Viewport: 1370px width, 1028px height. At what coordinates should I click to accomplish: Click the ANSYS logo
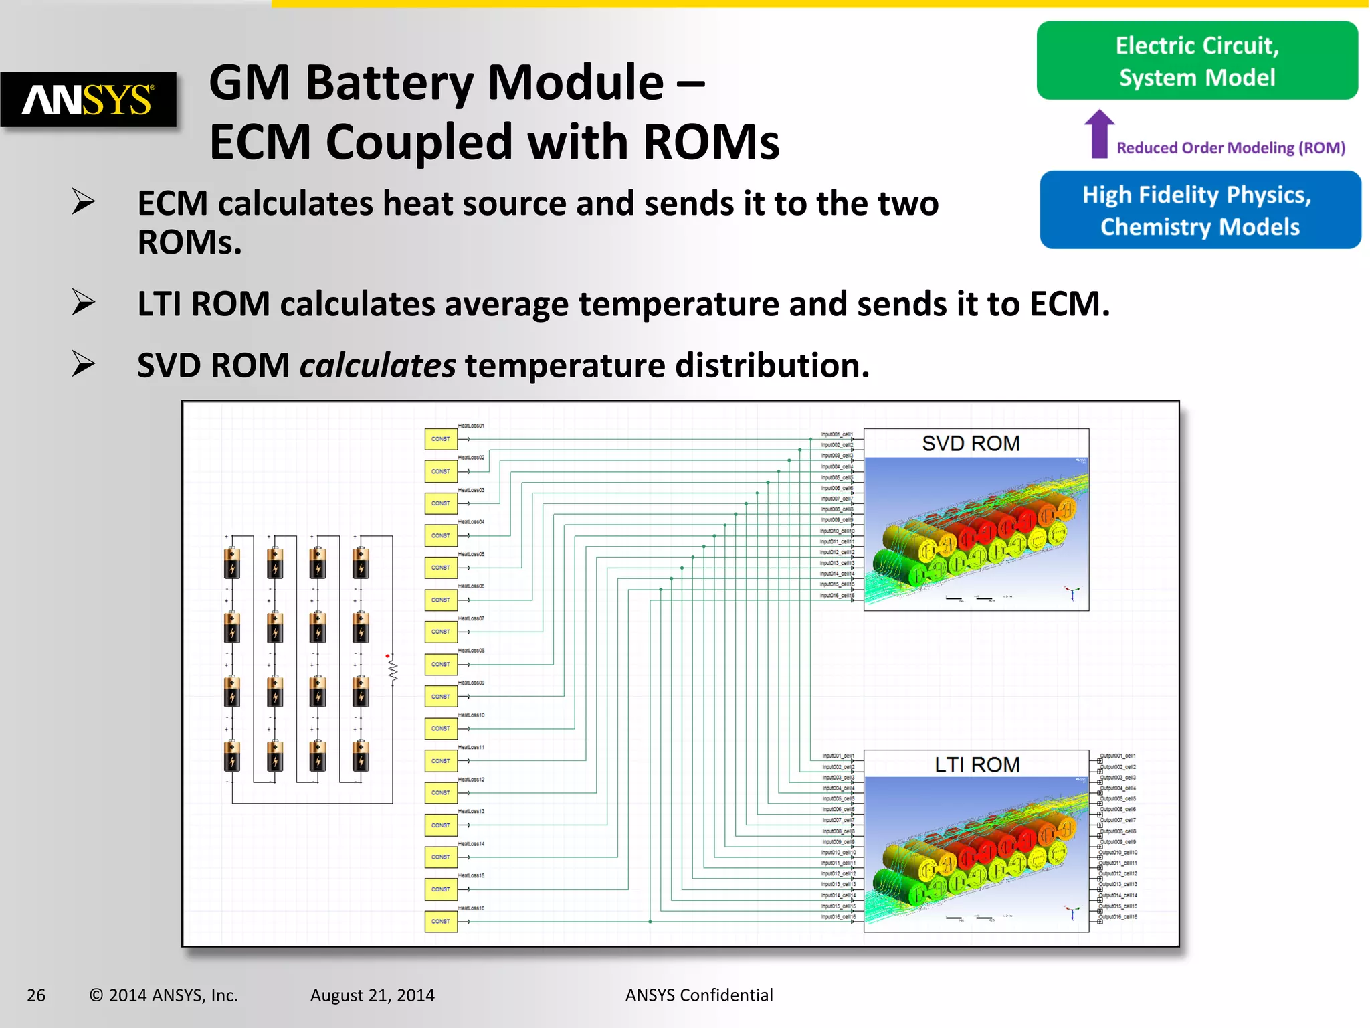pyautogui.click(x=88, y=100)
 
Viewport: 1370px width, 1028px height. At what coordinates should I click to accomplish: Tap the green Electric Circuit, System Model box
pyautogui.click(x=1197, y=61)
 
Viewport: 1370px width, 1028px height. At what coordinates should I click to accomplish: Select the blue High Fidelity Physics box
pyautogui.click(x=1200, y=210)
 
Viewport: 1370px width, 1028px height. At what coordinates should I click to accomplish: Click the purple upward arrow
pyautogui.click(x=1099, y=133)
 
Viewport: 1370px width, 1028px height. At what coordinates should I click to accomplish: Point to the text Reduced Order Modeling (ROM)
pyautogui.click(x=1231, y=148)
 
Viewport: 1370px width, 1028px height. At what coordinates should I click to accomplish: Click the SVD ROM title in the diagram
pyautogui.click(x=971, y=444)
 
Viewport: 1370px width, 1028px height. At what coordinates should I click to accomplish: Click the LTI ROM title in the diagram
pyautogui.click(x=977, y=765)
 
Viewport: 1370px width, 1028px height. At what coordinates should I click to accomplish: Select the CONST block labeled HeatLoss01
pyautogui.click(x=441, y=439)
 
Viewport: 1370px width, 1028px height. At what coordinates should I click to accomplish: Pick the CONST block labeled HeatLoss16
pyautogui.click(x=441, y=922)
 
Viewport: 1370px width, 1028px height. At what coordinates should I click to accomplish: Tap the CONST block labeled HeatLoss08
pyautogui.click(x=441, y=664)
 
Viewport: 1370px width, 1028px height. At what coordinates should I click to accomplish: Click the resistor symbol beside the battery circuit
pyautogui.click(x=393, y=669)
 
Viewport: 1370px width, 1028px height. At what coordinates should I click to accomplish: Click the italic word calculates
pyautogui.click(x=378, y=365)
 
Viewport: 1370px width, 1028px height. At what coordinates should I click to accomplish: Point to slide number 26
pyautogui.click(x=36, y=995)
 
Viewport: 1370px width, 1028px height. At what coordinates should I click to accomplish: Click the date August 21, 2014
pyautogui.click(x=372, y=995)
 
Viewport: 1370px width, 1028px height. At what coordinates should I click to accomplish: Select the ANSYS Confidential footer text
pyautogui.click(x=699, y=995)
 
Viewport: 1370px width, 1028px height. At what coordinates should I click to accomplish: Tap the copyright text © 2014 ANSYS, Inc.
pyautogui.click(x=163, y=995)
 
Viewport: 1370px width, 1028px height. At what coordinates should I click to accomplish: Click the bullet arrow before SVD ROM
pyautogui.click(x=83, y=364)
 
